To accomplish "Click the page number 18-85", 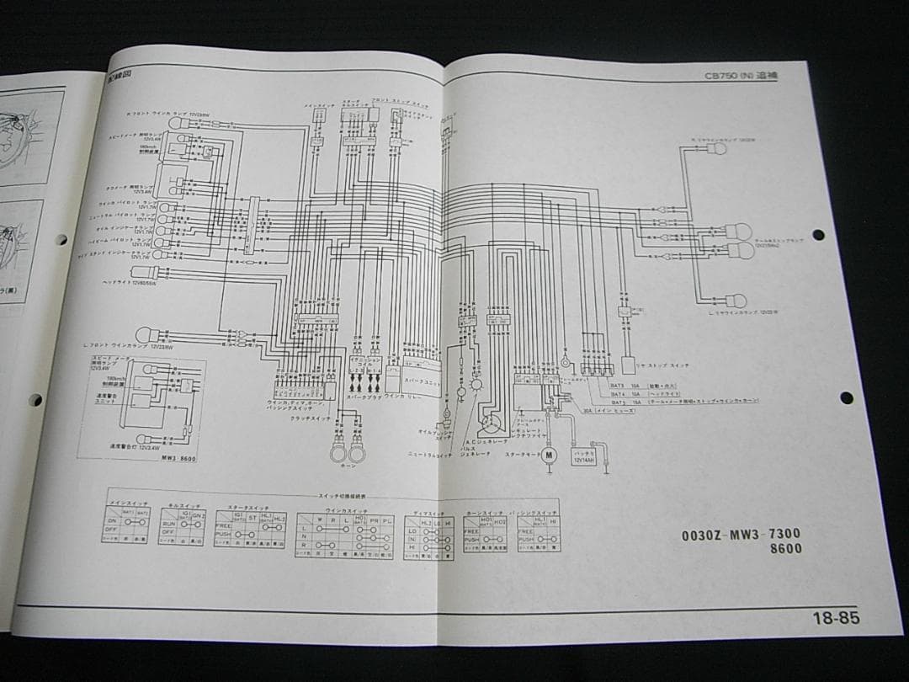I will pos(836,618).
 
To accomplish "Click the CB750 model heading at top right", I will pos(742,76).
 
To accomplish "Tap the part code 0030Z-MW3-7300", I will pos(741,534).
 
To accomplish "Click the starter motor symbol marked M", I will pos(549,456).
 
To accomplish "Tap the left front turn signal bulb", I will pos(143,334).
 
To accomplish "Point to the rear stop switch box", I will pos(627,365).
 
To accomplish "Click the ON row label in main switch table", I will pos(111,521).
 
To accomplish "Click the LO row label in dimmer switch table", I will pos(412,532).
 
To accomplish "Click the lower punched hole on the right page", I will pos(844,397).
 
